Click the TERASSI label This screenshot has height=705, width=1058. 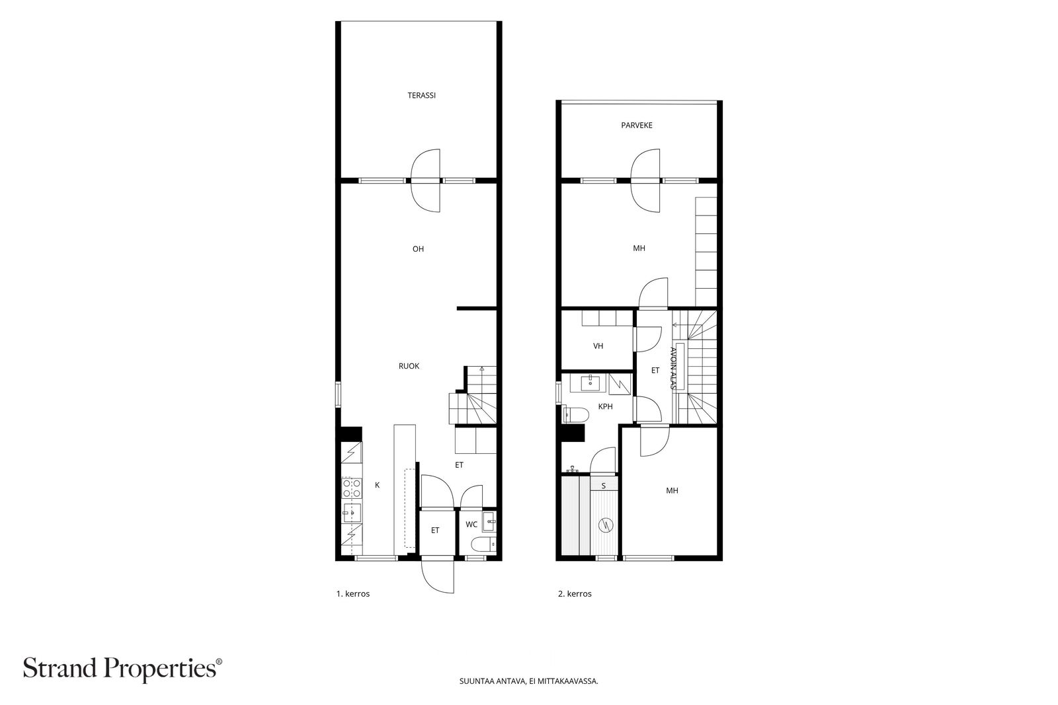click(421, 95)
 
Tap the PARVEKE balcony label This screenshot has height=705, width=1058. click(637, 126)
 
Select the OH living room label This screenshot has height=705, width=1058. click(418, 249)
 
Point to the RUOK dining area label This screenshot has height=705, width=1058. click(409, 366)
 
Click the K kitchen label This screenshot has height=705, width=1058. click(377, 485)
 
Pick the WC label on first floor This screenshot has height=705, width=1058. click(471, 524)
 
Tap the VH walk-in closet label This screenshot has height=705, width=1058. click(598, 346)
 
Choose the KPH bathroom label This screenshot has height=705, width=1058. click(605, 406)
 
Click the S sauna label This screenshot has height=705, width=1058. click(603, 486)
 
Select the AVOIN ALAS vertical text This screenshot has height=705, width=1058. click(673, 368)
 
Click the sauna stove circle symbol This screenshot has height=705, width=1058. click(605, 525)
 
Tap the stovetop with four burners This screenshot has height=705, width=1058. click(352, 488)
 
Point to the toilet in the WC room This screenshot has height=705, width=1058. click(483, 544)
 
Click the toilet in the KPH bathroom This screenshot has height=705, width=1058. click(576, 415)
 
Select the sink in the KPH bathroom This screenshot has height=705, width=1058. click(590, 383)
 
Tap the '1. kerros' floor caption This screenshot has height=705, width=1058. click(353, 593)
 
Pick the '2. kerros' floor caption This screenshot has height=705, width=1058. click(575, 593)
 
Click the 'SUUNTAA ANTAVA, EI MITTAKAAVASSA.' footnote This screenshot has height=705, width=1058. click(528, 681)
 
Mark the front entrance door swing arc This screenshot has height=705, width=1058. click(430, 584)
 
